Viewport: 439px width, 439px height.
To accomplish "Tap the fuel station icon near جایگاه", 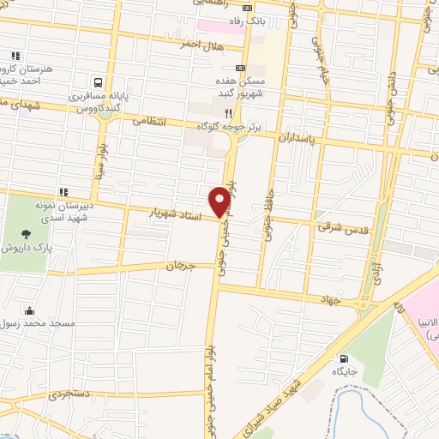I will click(345, 359).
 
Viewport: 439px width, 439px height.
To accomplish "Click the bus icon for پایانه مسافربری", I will click(99, 83).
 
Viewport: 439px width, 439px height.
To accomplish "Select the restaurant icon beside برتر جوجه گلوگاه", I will click(228, 112).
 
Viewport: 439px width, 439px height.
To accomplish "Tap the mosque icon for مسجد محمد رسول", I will click(31, 310).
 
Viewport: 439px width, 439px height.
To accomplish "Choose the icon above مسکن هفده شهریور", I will click(240, 68).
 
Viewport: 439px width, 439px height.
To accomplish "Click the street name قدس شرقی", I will click(347, 227).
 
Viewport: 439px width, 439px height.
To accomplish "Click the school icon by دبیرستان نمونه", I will click(63, 191).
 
